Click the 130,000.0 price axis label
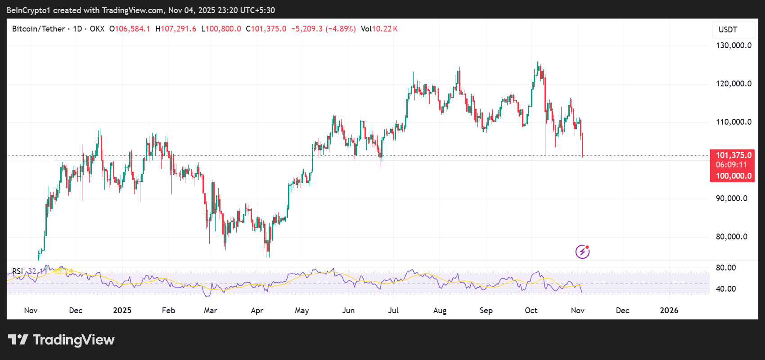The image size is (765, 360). (x=733, y=45)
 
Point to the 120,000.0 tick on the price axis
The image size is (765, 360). (x=733, y=84)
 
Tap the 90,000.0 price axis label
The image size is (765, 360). (x=731, y=198)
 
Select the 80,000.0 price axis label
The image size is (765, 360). (x=731, y=237)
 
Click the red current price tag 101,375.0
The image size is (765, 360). (x=733, y=155)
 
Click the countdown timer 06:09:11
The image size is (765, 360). (x=731, y=165)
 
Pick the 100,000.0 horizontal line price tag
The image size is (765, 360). (x=733, y=176)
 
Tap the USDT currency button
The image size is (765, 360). (x=728, y=30)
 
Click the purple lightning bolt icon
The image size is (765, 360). (x=582, y=252)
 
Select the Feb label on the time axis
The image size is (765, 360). (x=168, y=310)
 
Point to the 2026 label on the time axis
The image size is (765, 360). (x=669, y=310)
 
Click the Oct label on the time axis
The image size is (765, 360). (x=531, y=310)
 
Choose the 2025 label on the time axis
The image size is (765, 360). (x=122, y=310)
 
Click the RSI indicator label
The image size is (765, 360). (x=18, y=271)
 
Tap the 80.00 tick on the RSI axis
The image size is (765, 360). (x=726, y=268)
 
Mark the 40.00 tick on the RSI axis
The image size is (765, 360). (x=726, y=289)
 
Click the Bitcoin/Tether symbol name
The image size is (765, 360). (x=38, y=29)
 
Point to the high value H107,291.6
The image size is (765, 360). (x=176, y=29)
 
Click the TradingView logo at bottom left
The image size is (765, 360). (x=62, y=340)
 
